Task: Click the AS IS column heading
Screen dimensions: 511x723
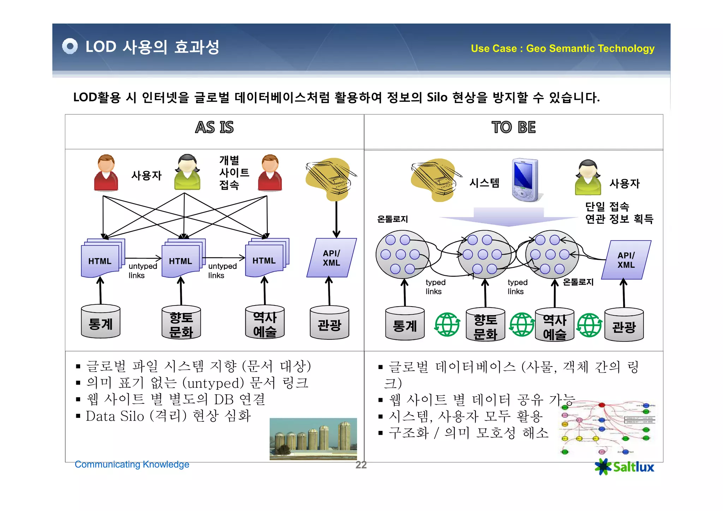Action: [214, 127]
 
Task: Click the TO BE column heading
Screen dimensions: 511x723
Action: [513, 127]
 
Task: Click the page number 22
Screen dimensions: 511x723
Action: [361, 465]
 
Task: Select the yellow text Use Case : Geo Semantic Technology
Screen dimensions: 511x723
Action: [562, 48]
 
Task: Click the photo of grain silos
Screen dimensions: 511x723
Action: [313, 439]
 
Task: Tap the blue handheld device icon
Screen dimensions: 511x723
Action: [525, 180]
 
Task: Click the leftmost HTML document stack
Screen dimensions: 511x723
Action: [102, 259]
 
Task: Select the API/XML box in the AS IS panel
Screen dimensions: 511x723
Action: [331, 258]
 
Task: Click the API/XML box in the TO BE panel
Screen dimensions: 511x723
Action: [626, 260]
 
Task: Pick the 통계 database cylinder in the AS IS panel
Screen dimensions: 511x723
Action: [101, 321]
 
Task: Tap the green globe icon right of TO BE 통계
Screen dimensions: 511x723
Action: [447, 324]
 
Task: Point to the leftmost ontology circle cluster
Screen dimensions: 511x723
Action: [402, 255]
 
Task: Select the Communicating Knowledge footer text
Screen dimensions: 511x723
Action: [132, 464]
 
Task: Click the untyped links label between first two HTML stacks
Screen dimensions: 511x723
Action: [143, 271]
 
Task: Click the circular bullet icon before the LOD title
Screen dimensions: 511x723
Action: [70, 46]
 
